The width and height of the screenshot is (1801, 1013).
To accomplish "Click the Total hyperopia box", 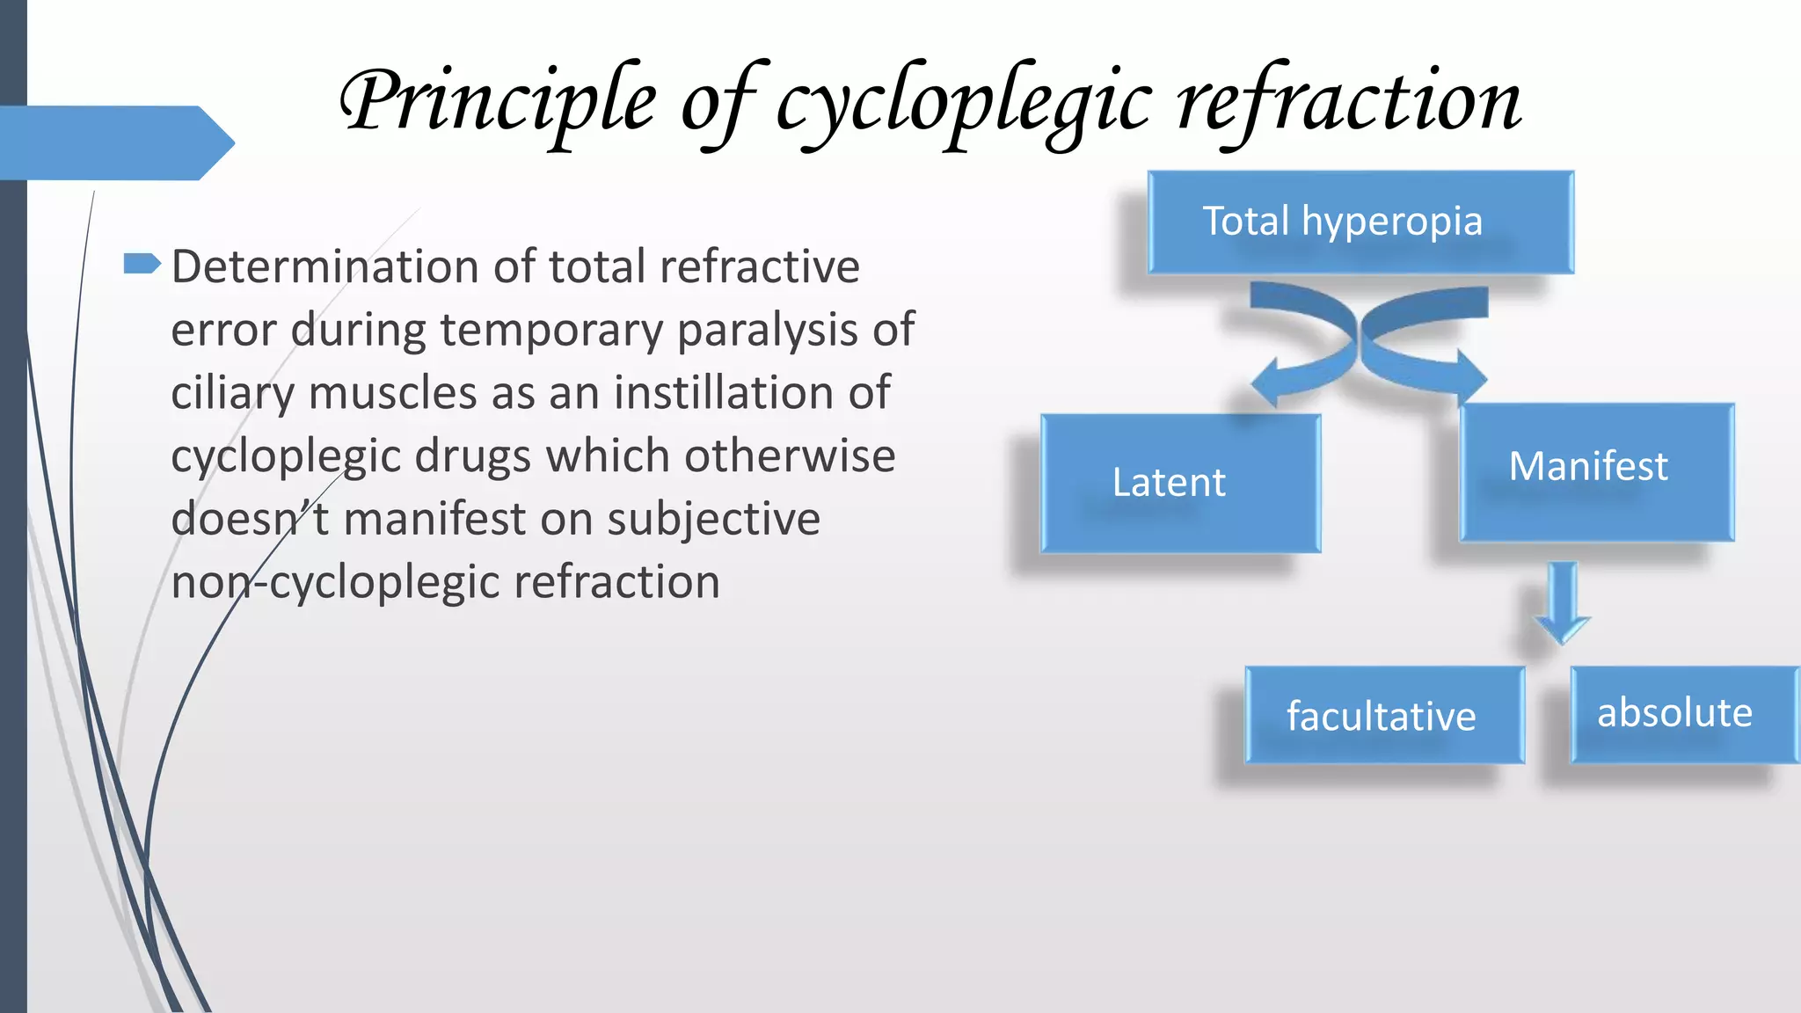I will [x=1360, y=222].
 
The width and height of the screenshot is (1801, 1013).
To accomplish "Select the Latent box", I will [x=1180, y=483].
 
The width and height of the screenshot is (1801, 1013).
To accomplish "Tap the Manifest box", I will [x=1596, y=471].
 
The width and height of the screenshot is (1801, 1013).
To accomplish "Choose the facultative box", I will [x=1384, y=715].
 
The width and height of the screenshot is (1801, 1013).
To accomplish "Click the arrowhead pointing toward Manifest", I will [x=1470, y=376].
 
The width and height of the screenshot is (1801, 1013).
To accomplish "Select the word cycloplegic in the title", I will [x=964, y=104].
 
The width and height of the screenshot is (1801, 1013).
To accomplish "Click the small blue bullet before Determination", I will [x=142, y=263].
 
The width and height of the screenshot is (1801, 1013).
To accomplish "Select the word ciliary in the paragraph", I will [x=231, y=393].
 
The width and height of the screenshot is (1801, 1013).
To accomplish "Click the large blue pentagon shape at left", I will [x=114, y=142].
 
